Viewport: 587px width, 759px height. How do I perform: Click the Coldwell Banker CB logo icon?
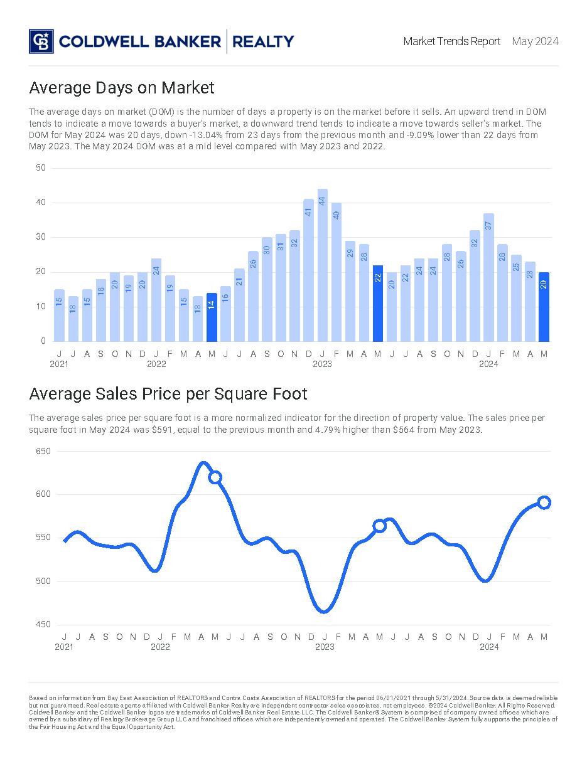(41, 41)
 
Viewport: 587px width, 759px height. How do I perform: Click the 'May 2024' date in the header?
(535, 41)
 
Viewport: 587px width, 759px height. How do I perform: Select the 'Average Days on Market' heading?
(122, 87)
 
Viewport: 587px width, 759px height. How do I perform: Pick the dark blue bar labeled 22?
(378, 303)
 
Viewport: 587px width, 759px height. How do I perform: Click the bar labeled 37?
(488, 277)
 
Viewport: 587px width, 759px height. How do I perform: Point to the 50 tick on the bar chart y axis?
(41, 167)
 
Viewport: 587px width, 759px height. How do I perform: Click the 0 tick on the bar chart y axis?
(43, 341)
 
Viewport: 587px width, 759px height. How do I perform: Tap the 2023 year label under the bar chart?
(322, 364)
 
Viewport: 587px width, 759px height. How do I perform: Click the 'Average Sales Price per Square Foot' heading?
(168, 394)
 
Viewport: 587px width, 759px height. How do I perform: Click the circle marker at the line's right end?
(544, 502)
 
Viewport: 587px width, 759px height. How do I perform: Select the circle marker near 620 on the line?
(215, 477)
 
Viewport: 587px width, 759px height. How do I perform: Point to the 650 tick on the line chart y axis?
(43, 451)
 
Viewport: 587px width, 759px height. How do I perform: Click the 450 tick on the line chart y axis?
(43, 624)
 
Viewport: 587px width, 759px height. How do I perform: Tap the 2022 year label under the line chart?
(160, 647)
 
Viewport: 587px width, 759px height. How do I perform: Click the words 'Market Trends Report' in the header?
(452, 41)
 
